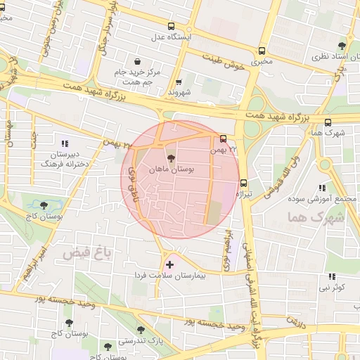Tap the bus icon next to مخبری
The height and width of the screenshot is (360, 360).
point(262,51)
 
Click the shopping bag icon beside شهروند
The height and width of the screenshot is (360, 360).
point(179,82)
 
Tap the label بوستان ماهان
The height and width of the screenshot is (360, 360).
point(172,169)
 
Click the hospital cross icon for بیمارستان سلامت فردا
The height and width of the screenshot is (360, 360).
point(169,265)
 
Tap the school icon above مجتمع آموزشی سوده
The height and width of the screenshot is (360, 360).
point(322,188)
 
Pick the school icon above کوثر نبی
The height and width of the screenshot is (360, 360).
point(331,276)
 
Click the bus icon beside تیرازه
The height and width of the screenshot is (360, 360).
point(244,181)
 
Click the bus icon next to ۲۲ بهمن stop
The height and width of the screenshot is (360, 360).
point(223,139)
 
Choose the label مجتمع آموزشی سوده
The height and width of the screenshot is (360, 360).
point(323,199)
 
